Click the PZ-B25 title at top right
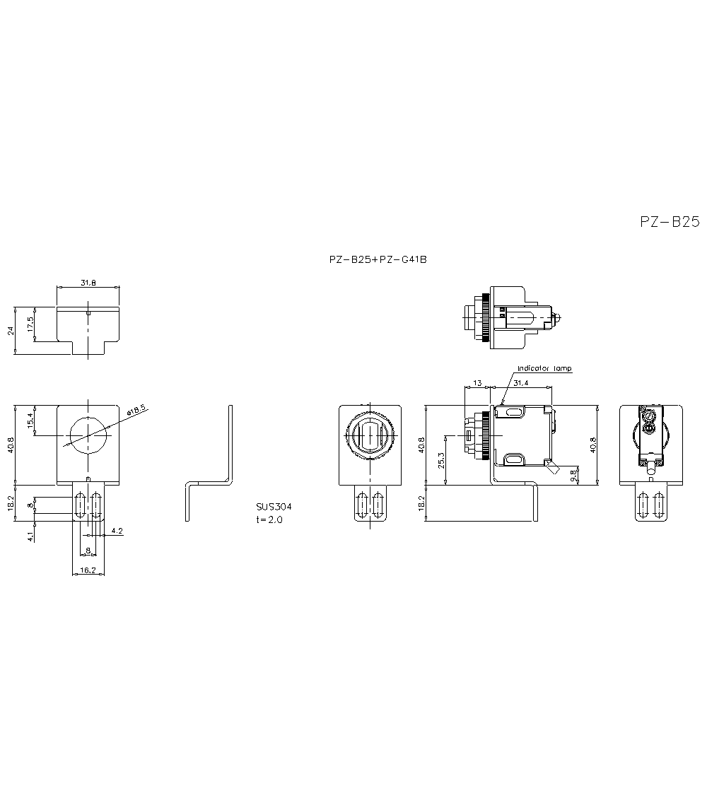(669, 222)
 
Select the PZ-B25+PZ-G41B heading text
(378, 259)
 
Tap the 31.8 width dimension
(88, 283)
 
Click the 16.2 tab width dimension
(88, 569)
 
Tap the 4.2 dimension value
(117, 530)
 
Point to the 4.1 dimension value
(30, 536)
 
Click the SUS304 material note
(274, 507)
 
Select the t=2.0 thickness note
(269, 519)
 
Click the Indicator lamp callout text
(544, 368)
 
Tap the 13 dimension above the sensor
(477, 383)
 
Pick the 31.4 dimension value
(521, 383)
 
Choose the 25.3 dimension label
(441, 461)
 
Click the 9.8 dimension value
(573, 476)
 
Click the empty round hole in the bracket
(88, 436)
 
